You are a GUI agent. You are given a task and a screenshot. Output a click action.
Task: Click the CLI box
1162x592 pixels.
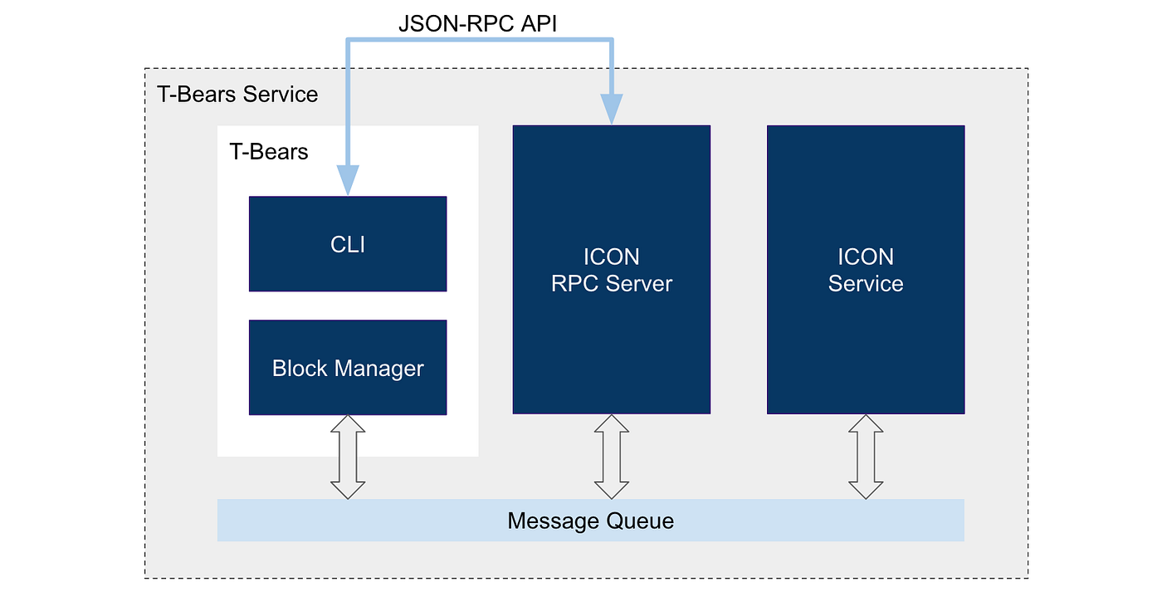click(348, 244)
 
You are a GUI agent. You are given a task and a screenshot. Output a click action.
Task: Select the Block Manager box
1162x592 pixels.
click(348, 368)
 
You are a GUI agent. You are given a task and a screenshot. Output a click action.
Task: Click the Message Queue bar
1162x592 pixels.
click(590, 521)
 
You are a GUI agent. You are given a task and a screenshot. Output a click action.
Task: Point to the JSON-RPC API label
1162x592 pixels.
click(477, 23)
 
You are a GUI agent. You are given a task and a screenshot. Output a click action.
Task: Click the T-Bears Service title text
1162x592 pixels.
click(237, 94)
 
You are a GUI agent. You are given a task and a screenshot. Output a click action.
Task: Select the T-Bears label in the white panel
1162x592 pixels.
click(268, 152)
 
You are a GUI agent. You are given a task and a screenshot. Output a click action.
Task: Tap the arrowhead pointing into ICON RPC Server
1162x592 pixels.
click(612, 109)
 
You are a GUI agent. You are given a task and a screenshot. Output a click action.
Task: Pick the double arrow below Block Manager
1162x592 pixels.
click(348, 457)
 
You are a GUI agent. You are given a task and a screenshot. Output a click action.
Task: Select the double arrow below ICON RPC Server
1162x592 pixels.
click(612, 457)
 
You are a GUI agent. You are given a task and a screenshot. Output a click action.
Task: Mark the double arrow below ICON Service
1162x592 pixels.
click(866, 457)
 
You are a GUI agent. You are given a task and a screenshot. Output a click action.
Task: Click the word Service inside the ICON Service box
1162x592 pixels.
click(866, 283)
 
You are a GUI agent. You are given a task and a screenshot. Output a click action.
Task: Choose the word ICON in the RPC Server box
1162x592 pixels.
click(612, 257)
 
